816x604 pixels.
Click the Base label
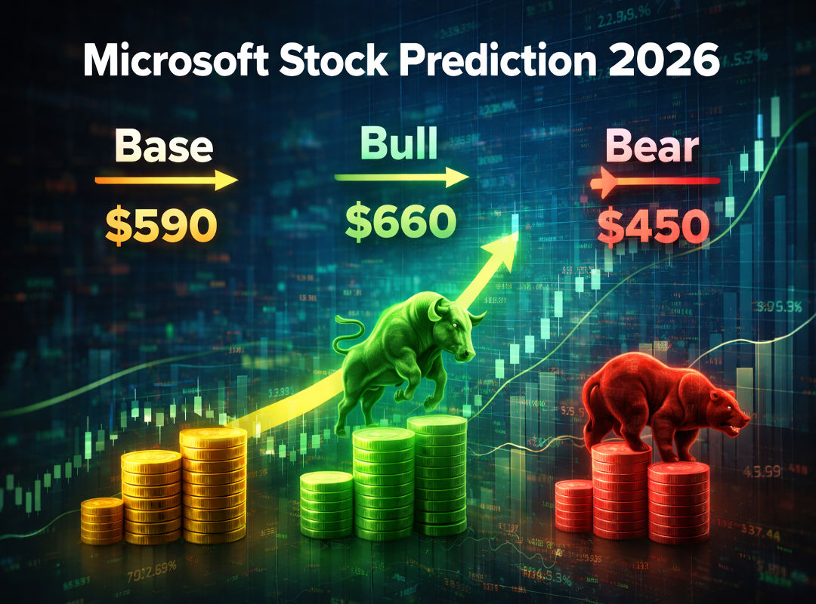[163, 148]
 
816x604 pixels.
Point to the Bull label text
[399, 143]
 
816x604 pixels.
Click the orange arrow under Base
[166, 181]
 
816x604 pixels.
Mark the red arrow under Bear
[654, 182]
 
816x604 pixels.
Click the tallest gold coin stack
[213, 483]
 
